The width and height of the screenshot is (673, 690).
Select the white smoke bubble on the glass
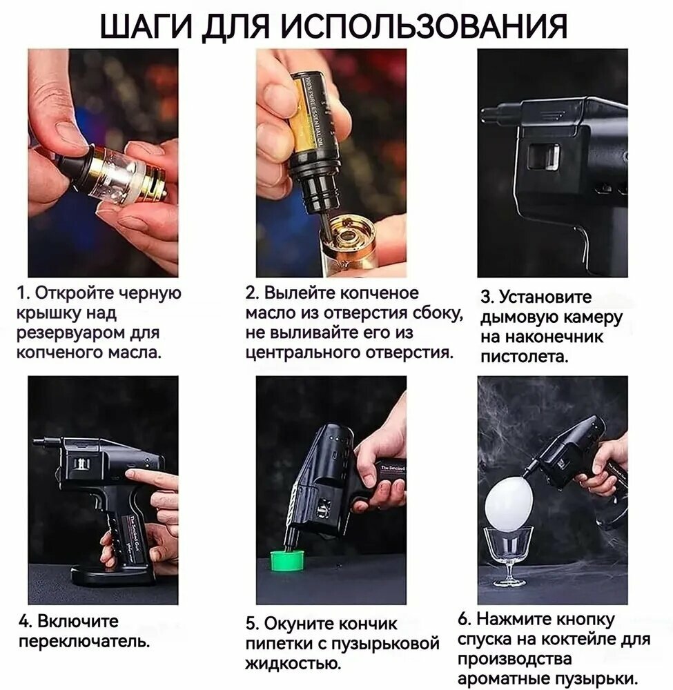coord(509,502)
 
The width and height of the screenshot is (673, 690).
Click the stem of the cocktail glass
coord(509,568)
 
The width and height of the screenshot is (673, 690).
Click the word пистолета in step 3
coord(524,357)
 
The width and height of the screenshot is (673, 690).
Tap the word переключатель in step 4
coord(84,641)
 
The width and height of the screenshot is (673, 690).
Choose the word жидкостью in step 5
coord(293,663)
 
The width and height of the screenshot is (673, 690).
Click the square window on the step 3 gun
coord(544,157)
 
